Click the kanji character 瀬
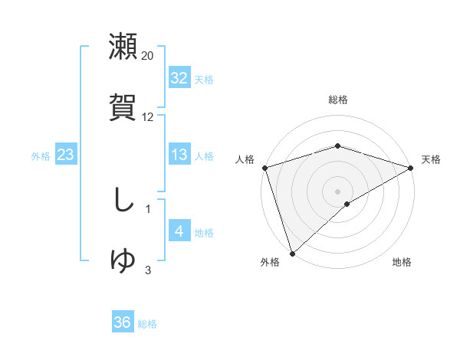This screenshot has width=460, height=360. [x=123, y=46]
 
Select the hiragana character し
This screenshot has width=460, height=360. [x=123, y=201]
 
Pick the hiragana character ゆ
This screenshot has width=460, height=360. [x=123, y=260]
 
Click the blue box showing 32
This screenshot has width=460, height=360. [x=179, y=78]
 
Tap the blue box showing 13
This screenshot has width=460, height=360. [x=179, y=155]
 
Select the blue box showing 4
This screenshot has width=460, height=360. [x=179, y=231]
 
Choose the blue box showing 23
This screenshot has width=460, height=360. [x=66, y=155]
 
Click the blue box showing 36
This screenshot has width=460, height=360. [x=123, y=322]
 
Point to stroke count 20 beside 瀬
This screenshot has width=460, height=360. [x=148, y=56]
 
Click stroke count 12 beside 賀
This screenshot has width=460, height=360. [x=148, y=117]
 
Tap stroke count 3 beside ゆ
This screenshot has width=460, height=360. [x=148, y=270]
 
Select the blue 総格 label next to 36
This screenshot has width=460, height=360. [x=147, y=324]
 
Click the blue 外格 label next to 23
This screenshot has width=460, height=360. [x=41, y=156]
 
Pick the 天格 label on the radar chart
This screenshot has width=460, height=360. [x=431, y=159]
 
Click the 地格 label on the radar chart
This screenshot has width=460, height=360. [x=402, y=262]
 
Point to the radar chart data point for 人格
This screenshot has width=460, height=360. [x=264, y=167]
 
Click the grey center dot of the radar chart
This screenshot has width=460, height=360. [x=337, y=191]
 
